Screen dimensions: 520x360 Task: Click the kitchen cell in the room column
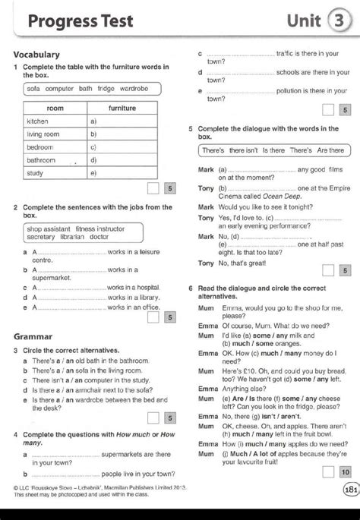[38, 121]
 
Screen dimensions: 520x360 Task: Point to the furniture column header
[122, 109]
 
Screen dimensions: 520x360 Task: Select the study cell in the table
[36, 173]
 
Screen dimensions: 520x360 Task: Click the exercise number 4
[16, 433]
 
